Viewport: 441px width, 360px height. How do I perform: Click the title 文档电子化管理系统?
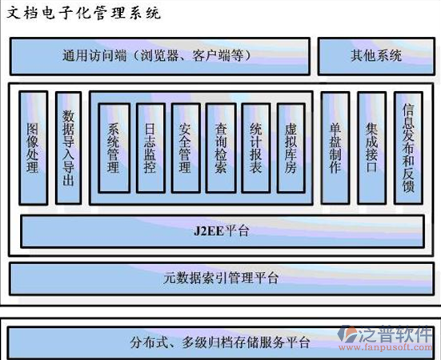click(83, 14)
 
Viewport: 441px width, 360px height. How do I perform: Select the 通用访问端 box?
click(160, 56)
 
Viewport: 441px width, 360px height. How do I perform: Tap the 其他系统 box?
click(376, 56)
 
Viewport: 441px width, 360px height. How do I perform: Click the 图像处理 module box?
click(33, 148)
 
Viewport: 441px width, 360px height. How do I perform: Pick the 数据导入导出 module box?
click(69, 148)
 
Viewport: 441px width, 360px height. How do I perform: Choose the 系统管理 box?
click(114, 148)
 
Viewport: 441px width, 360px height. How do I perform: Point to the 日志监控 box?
click(150, 148)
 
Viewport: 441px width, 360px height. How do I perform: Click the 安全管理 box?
click(186, 148)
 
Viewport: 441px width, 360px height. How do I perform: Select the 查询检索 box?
click(221, 148)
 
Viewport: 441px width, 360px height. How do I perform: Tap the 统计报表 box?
click(256, 148)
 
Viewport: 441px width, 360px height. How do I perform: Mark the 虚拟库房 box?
click(291, 148)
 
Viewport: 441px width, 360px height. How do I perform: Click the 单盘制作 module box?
click(335, 148)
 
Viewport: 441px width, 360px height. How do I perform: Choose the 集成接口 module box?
click(372, 148)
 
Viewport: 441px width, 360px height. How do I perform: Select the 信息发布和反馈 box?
click(408, 148)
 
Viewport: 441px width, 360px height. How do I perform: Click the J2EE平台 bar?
click(223, 231)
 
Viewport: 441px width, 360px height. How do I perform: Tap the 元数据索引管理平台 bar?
click(222, 278)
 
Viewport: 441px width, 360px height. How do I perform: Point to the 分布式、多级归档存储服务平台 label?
click(219, 342)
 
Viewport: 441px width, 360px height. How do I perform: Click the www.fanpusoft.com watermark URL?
click(385, 347)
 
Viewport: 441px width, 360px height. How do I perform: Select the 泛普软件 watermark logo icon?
click(347, 334)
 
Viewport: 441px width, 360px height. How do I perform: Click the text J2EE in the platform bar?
click(208, 231)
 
